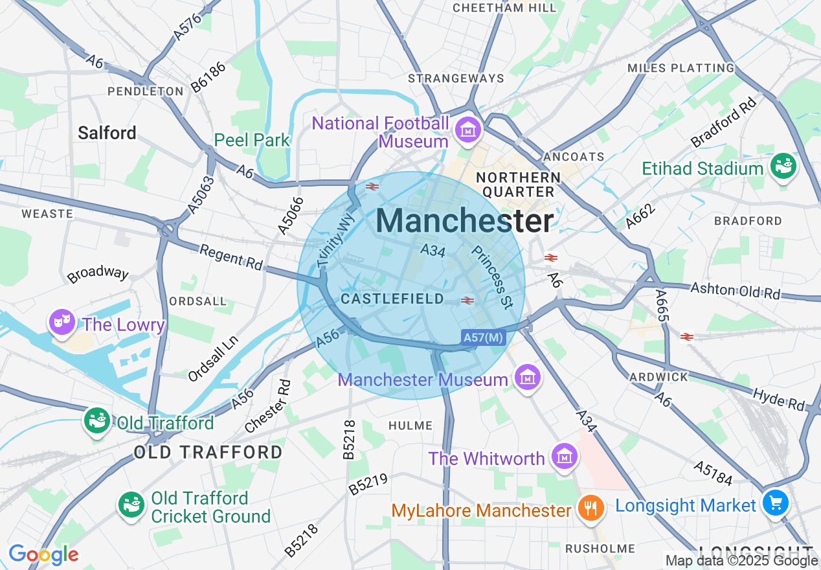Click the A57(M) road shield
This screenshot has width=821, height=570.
[x=483, y=337]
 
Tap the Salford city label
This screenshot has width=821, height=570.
[x=107, y=133]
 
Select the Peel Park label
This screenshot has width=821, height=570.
[x=253, y=140]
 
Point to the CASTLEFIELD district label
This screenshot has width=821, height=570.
[x=392, y=299]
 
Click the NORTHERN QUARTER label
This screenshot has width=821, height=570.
[x=518, y=185]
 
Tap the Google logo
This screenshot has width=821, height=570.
[x=43, y=554]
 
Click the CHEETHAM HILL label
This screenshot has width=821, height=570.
[x=504, y=8]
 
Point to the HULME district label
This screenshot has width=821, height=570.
[x=410, y=426]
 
